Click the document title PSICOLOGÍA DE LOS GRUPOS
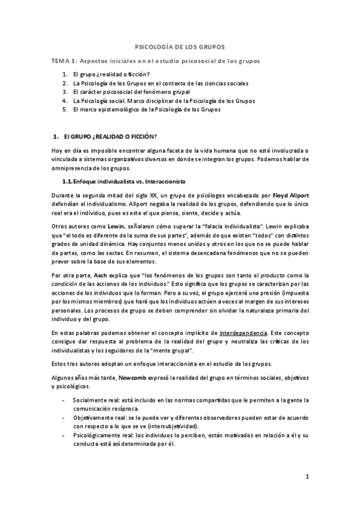point(180,46)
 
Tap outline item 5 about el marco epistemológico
point(145,110)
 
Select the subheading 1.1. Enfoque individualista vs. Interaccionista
point(125,181)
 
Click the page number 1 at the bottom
point(307,478)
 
